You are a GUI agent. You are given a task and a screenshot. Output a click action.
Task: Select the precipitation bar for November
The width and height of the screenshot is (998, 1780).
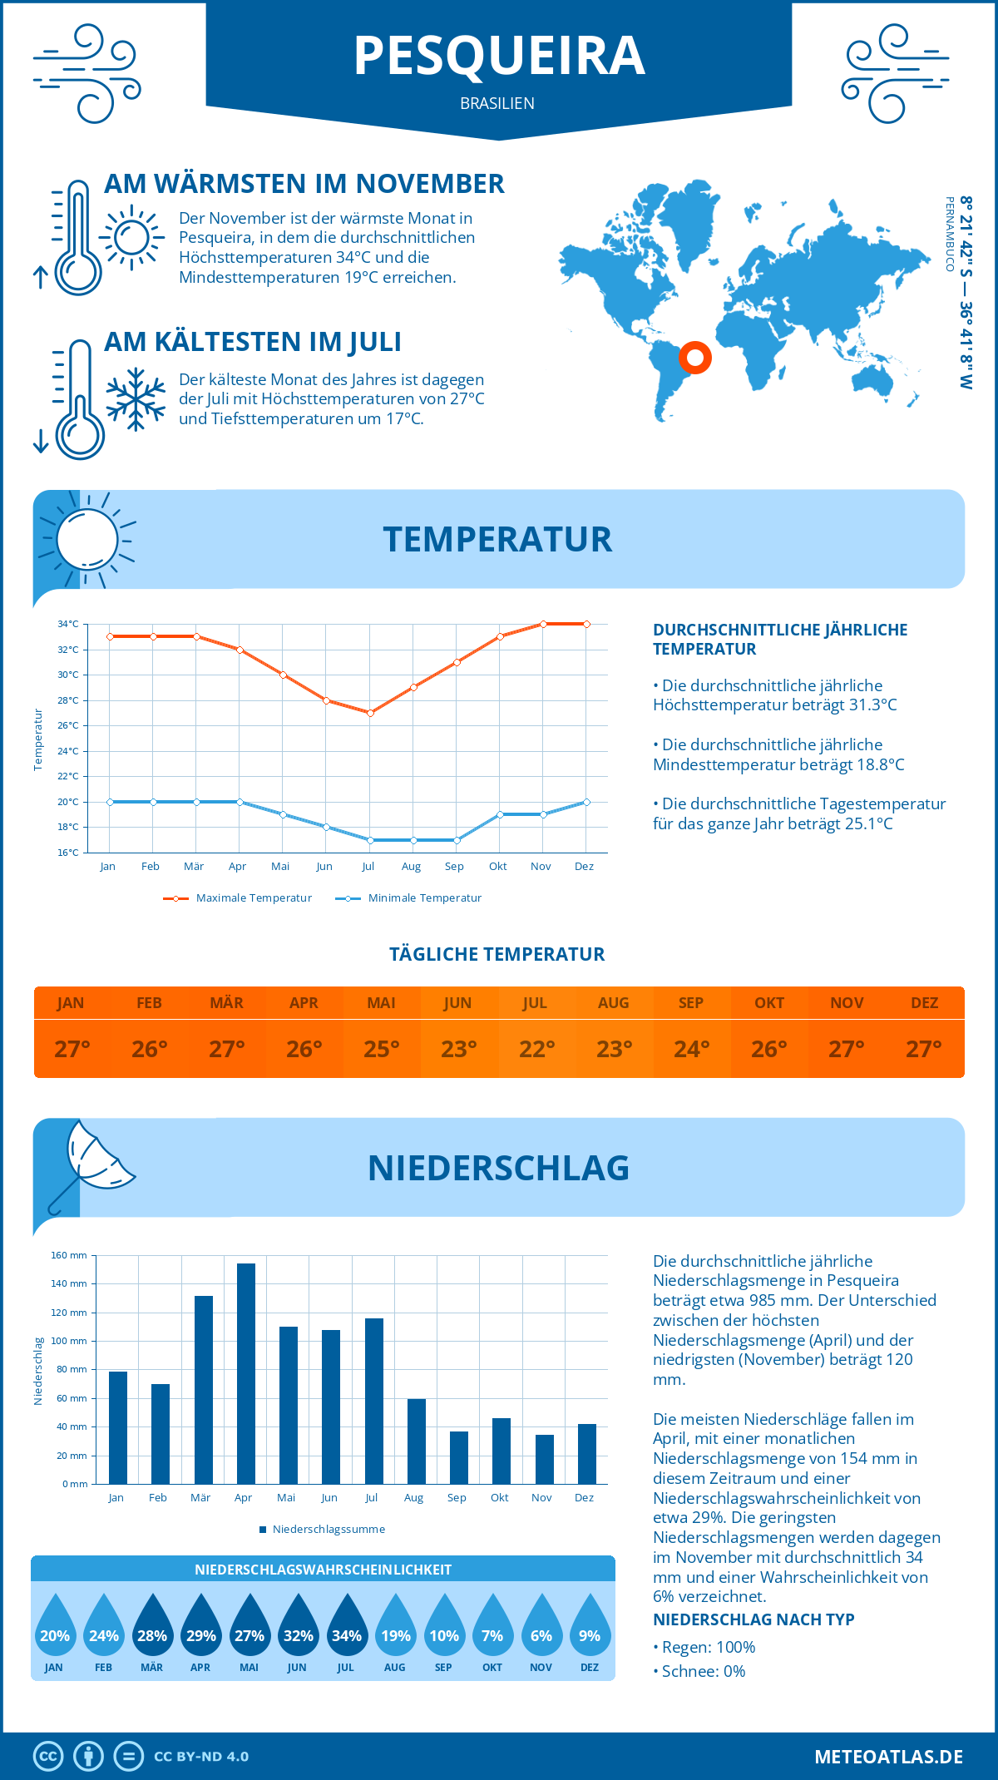(545, 1460)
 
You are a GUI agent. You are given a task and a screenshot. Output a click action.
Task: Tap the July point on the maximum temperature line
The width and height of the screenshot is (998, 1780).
(370, 713)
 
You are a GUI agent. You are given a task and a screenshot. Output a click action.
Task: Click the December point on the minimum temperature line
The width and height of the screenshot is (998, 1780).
(586, 802)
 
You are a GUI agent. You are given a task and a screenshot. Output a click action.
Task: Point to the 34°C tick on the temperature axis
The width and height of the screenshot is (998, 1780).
(68, 624)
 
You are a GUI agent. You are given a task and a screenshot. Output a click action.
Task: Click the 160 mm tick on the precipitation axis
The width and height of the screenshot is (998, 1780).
(70, 1255)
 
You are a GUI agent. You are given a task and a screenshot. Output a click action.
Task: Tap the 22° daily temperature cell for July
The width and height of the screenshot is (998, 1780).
(536, 1049)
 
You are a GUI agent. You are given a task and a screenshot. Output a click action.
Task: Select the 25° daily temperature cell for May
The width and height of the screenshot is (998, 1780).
(381, 1049)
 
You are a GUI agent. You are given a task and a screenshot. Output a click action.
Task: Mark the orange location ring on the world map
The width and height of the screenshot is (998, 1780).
(694, 358)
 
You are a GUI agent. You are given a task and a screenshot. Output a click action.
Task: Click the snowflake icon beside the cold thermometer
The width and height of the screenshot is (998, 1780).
(136, 399)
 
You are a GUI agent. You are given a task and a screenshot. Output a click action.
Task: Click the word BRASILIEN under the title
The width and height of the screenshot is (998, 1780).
(497, 103)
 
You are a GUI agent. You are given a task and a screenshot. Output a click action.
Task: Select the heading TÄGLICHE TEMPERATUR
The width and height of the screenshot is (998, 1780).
(497, 954)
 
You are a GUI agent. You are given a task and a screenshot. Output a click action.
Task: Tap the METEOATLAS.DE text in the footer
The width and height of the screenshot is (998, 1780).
(888, 1757)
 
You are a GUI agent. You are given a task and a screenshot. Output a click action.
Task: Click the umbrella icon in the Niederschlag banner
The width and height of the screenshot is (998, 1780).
(91, 1164)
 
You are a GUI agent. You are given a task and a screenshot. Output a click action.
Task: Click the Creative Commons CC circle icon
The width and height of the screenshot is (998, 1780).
(48, 1757)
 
